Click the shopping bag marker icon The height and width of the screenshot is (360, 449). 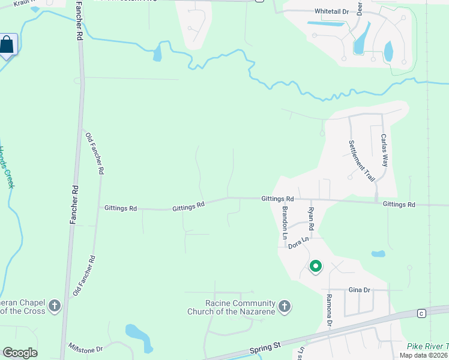point(7,45)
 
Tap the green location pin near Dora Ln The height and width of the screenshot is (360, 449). point(315,266)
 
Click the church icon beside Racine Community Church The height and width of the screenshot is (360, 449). point(285,307)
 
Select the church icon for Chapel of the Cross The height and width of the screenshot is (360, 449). point(55,307)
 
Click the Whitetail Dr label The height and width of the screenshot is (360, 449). point(331,11)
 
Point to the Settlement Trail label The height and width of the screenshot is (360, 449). point(362,161)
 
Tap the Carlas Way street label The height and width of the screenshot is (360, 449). point(385,150)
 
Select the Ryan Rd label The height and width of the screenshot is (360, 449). point(311,220)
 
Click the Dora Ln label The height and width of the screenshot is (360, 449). point(298,242)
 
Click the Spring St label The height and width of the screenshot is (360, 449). point(265,349)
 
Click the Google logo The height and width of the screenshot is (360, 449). point(20,353)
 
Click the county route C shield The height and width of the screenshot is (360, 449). point(421,313)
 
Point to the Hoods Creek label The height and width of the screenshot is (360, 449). point(7,167)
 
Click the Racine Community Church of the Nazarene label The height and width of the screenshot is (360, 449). point(231,307)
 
